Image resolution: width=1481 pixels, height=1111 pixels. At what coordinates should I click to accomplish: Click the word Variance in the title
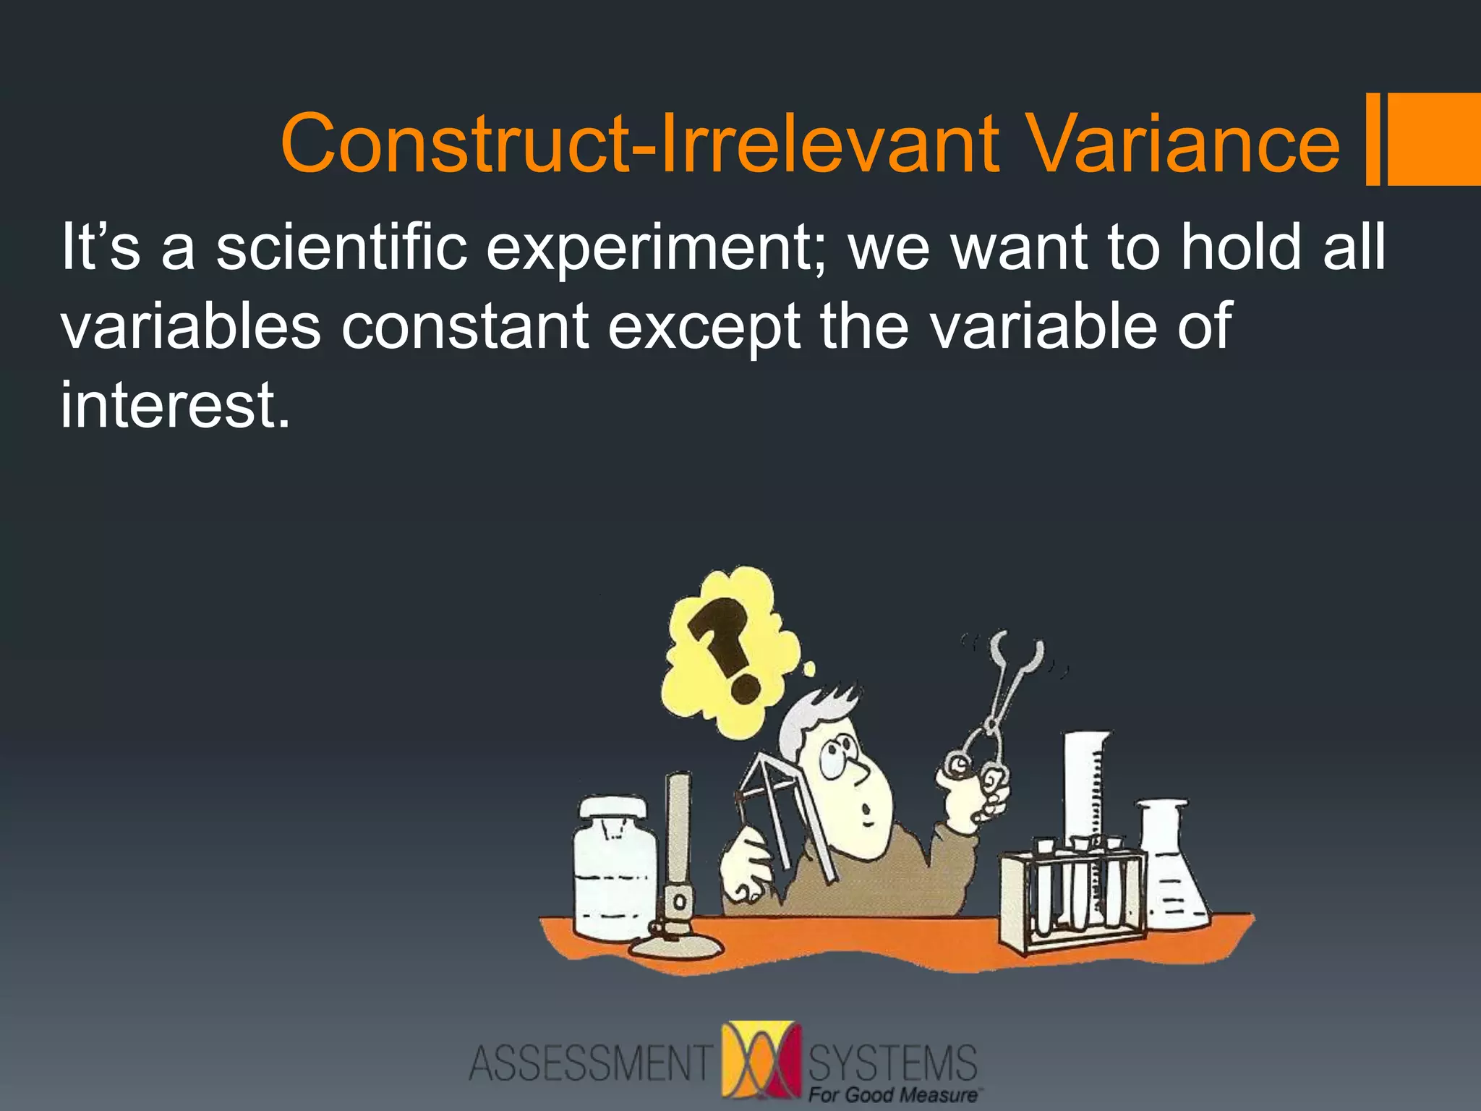click(1183, 145)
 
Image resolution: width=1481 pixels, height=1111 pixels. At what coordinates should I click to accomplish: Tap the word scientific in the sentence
click(341, 247)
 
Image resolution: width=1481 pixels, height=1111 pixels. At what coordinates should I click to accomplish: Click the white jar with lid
click(615, 868)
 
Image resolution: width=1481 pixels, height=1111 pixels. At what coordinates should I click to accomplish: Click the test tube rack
click(1070, 897)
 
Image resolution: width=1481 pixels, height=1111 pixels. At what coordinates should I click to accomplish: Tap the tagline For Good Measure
click(892, 1095)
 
